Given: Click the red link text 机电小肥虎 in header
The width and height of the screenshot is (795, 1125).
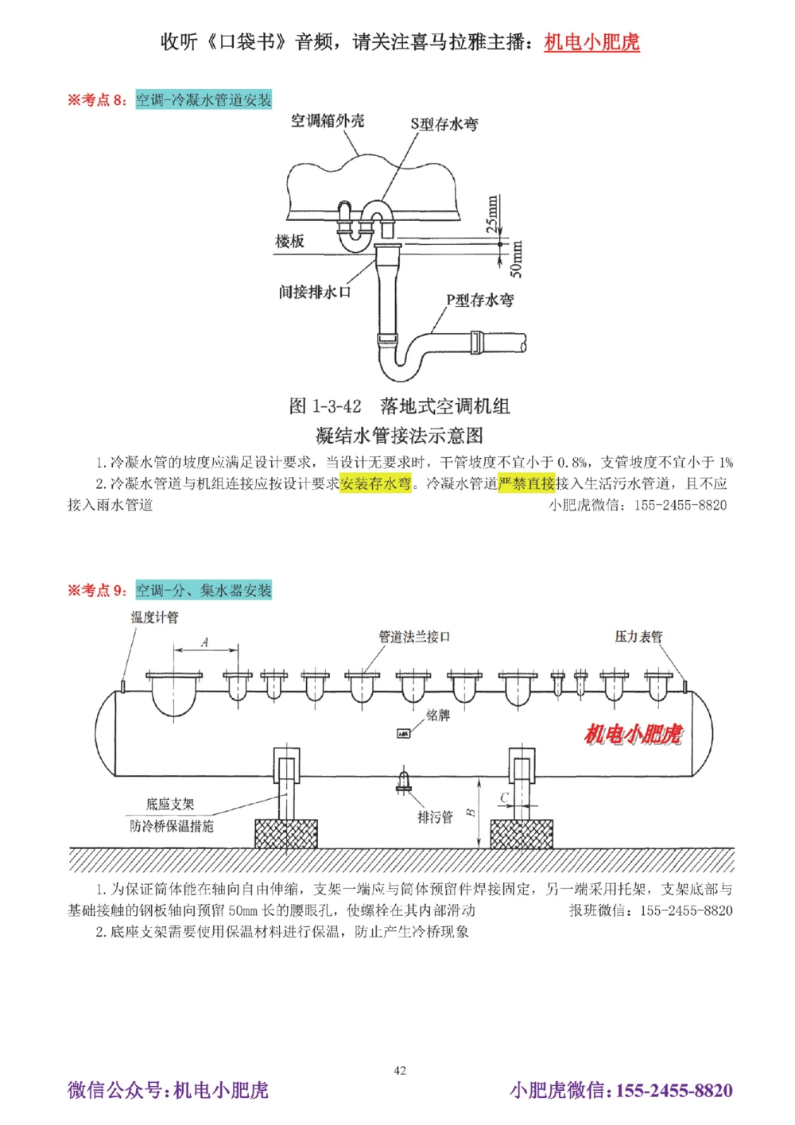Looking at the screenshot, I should [x=591, y=42].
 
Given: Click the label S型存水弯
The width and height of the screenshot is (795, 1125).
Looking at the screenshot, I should [x=444, y=124].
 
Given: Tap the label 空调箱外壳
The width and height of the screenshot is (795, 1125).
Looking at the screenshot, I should [x=327, y=121].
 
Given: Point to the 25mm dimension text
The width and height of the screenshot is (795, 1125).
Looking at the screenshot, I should [x=493, y=213].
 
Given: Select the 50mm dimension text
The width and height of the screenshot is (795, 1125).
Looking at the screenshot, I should [x=517, y=259].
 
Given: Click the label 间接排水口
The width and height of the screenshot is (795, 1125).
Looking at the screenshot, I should [x=315, y=292].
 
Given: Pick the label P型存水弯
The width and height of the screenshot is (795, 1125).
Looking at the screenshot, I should [x=479, y=300].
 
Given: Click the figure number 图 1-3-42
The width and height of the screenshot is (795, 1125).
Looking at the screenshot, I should [x=324, y=406].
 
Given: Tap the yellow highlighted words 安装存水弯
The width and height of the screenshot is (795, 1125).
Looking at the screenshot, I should [x=375, y=483].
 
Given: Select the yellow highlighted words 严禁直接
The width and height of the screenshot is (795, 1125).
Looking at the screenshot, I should [x=526, y=483].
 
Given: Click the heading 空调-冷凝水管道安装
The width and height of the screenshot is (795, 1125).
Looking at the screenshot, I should [x=204, y=100].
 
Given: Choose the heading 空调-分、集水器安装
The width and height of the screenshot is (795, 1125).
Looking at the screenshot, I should [x=204, y=591].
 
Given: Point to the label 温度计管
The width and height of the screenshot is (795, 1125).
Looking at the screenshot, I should [x=154, y=618].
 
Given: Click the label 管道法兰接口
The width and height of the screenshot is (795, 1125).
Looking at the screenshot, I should [x=414, y=637].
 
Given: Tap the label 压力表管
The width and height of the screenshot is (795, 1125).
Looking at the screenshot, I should [x=638, y=637].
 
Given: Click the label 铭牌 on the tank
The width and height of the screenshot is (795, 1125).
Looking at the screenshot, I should [x=438, y=716].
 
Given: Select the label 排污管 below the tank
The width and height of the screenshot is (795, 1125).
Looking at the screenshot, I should [x=435, y=817].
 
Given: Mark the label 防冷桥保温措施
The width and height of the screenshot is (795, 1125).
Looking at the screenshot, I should [x=172, y=827].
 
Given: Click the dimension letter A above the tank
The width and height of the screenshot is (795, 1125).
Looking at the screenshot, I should [x=204, y=642].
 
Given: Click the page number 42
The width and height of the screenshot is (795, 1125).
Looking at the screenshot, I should [x=400, y=1070].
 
